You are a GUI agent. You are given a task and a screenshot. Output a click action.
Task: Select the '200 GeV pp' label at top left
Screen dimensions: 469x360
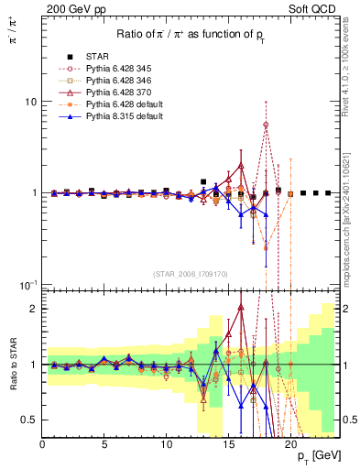[71, 7]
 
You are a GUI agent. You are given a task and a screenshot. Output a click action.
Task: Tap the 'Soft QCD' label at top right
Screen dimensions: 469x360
[318, 7]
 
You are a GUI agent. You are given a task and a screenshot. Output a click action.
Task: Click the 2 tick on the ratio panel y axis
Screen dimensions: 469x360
[33, 309]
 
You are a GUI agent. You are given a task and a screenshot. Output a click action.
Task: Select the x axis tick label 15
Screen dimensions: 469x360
[228, 444]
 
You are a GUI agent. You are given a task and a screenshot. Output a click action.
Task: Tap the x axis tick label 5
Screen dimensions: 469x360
[104, 444]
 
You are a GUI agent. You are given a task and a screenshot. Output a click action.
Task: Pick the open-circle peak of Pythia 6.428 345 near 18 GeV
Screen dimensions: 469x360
[266, 125]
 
